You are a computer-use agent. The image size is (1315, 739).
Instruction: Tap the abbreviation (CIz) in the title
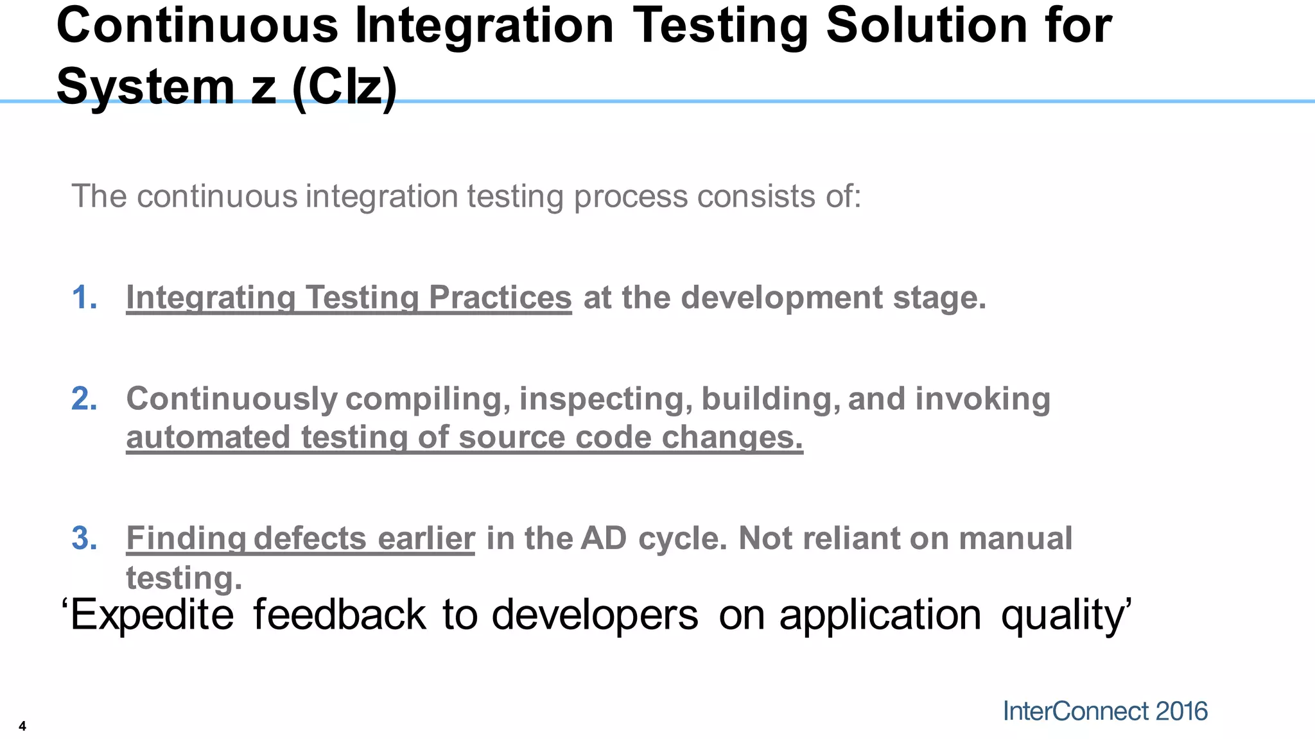coord(344,88)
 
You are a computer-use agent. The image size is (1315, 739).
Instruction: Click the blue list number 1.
coord(84,298)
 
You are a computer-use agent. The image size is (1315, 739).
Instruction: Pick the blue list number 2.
coord(84,399)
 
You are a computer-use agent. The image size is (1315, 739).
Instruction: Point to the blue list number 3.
coord(84,538)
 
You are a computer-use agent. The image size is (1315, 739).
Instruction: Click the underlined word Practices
coord(500,298)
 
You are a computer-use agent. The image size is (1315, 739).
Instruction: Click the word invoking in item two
coord(982,399)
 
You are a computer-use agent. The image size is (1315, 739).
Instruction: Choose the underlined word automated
coord(208,437)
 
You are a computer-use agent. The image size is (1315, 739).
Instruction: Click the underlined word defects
coord(310,538)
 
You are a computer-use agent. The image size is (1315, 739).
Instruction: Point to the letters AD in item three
coord(603,538)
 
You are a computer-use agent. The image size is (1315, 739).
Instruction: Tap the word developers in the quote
coord(595,615)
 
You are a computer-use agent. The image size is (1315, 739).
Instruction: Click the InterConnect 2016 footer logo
coord(1105,711)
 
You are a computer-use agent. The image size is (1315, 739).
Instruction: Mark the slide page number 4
coord(22,726)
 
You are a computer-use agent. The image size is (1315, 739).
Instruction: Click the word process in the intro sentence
coord(631,196)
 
